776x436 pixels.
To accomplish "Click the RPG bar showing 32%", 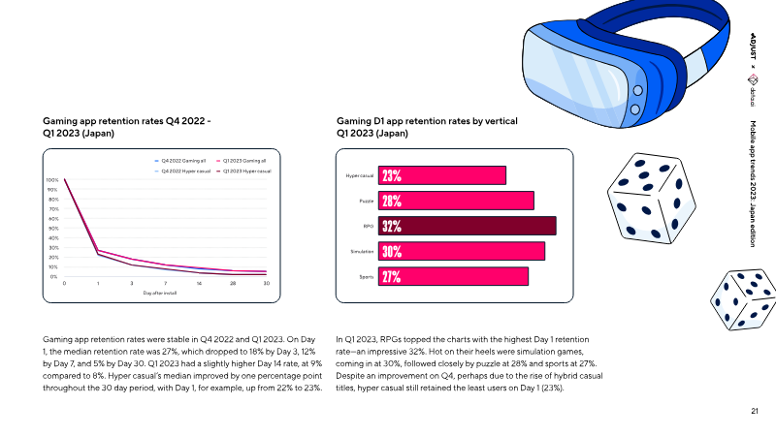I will pos(467,226).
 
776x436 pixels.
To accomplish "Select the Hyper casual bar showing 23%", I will pos(442,175).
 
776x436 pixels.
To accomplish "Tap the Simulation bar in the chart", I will pos(461,251).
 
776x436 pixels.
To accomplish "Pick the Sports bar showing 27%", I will pos(453,276).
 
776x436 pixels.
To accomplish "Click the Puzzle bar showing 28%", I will pos(456,201).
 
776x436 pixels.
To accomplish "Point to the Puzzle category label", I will pos(366,201).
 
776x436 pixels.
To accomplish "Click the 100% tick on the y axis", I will pos(52,180).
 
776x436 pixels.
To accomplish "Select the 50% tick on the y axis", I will pos(53,229).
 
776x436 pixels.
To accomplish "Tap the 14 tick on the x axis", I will pos(199,283).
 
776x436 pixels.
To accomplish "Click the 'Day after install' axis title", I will pos(160,292).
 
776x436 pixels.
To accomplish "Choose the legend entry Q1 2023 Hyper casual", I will pos(244,171).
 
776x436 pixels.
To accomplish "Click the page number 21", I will pos(754,412).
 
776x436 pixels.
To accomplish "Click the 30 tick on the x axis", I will pos(266,283).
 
